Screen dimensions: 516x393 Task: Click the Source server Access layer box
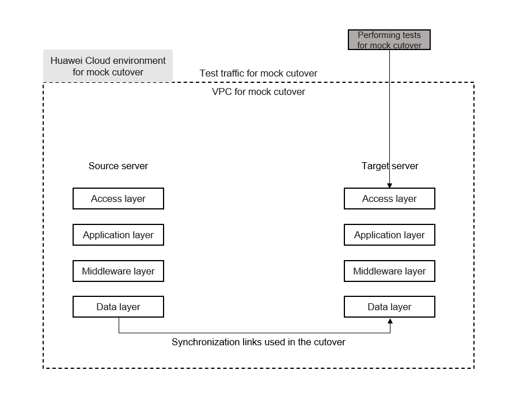coord(118,199)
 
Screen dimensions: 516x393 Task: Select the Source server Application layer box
coord(118,235)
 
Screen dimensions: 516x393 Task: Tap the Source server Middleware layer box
coord(118,271)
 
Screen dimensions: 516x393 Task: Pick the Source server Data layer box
coord(118,307)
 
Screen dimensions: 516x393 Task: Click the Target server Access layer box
coord(389,199)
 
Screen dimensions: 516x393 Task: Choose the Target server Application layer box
coord(389,235)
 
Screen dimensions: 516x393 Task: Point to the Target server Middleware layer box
coord(389,271)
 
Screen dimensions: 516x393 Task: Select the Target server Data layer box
coord(389,307)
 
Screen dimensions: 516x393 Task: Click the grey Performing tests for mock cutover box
coord(389,40)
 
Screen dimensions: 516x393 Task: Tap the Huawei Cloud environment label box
coord(108,66)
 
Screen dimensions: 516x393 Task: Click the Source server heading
coord(118,166)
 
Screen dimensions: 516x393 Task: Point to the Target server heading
coord(390,166)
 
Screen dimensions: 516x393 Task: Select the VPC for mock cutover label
coord(259,91)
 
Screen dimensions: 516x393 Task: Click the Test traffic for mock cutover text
coord(259,73)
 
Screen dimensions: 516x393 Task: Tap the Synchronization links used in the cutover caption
coord(259,342)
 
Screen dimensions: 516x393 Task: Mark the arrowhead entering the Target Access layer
coord(390,186)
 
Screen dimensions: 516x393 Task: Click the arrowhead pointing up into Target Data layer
coord(390,320)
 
